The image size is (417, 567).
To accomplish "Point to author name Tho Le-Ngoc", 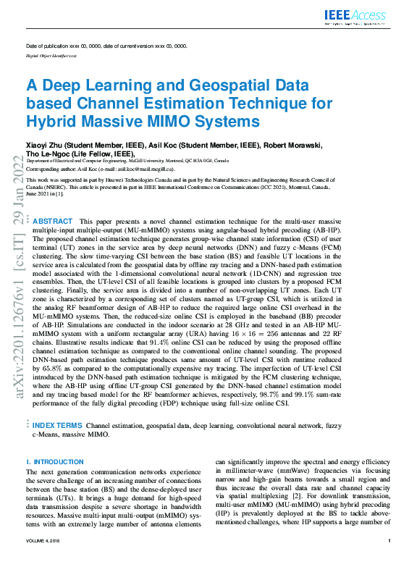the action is tap(51, 154).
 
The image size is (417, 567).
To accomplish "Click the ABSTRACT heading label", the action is tap(53, 221).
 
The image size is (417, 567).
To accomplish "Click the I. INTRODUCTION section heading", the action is tap(55, 461).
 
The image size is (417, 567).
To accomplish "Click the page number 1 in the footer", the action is tap(389, 541).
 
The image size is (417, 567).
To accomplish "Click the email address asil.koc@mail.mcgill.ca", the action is tap(148, 168).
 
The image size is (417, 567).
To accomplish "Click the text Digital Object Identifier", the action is tap(49, 55).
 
